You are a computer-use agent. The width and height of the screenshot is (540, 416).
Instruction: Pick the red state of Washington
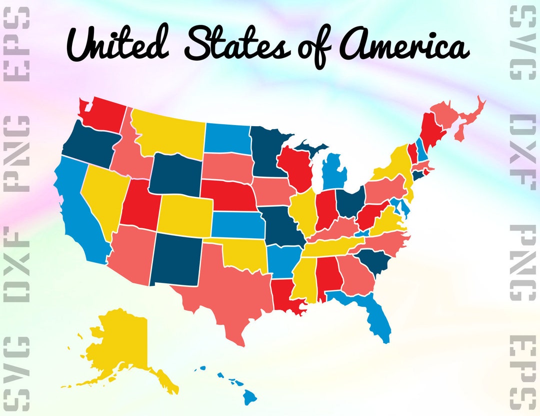[x=105, y=115]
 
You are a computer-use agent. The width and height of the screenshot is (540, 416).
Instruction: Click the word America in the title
[x=405, y=48]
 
